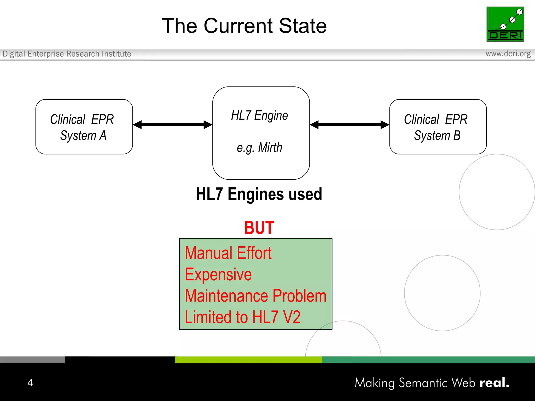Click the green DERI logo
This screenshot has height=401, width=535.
pyautogui.click(x=505, y=24)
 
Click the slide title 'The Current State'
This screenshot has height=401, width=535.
pyautogui.click(x=244, y=26)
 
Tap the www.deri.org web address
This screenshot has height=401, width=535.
pyautogui.click(x=508, y=54)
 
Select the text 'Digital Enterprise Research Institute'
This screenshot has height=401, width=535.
pyautogui.click(x=67, y=54)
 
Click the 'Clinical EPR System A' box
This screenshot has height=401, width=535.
pyautogui.click(x=84, y=127)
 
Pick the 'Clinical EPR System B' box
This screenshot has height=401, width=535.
pyautogui.click(x=438, y=127)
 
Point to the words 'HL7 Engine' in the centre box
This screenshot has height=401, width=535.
pyautogui.click(x=259, y=116)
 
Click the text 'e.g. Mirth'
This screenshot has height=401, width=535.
pyautogui.click(x=259, y=148)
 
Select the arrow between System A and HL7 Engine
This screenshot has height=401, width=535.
pyautogui.click(x=172, y=125)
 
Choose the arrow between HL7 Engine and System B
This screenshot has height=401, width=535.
pyautogui.click(x=350, y=125)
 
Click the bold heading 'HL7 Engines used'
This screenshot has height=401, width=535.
pyautogui.click(x=259, y=194)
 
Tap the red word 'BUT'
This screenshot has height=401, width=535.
pyautogui.click(x=259, y=228)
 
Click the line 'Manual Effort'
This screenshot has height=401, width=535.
pyautogui.click(x=228, y=253)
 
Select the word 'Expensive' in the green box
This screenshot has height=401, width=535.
pyautogui.click(x=218, y=275)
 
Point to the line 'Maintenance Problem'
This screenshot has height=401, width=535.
pyautogui.click(x=255, y=296)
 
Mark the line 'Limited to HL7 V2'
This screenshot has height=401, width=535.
pyautogui.click(x=242, y=317)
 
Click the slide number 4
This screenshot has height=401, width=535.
pyautogui.click(x=30, y=383)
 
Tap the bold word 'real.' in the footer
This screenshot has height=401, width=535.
pyautogui.click(x=494, y=383)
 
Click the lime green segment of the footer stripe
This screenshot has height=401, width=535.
pyautogui.click(x=248, y=360)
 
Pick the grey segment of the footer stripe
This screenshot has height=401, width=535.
pyautogui.click(x=32, y=360)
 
